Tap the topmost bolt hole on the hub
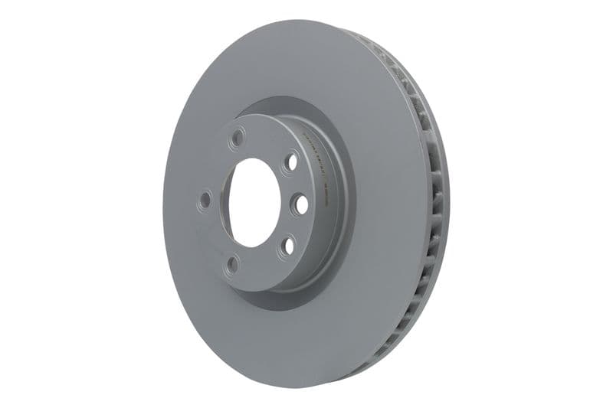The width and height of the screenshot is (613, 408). [x=238, y=137]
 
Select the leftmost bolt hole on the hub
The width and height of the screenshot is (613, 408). [x=205, y=201]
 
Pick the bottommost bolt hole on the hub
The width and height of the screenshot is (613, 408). [x=233, y=265]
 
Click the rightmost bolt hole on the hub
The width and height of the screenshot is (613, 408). [x=299, y=204]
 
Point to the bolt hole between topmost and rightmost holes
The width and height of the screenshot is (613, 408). [x=290, y=162]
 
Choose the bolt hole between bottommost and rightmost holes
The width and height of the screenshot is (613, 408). [x=287, y=246]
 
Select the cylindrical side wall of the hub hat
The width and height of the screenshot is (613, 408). [x=314, y=230]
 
